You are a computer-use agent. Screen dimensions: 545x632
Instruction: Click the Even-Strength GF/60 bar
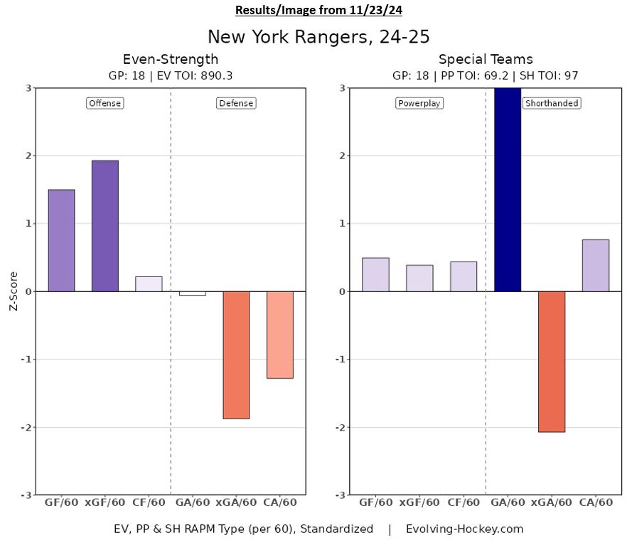point(61,240)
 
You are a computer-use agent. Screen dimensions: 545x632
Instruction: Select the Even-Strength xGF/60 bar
point(105,226)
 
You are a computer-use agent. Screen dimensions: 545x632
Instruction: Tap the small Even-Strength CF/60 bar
point(149,284)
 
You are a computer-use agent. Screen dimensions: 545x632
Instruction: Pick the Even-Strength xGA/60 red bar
point(236,355)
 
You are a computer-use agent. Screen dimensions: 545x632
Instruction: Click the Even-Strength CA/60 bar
point(279,335)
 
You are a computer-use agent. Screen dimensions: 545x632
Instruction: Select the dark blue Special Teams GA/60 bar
point(508,190)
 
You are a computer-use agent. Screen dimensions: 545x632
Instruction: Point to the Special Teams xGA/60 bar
point(551,362)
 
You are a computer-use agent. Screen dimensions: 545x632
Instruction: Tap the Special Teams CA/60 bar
point(595,266)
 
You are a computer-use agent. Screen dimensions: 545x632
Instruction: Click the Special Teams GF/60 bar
point(375,274)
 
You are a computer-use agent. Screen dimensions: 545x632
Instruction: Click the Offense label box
point(105,103)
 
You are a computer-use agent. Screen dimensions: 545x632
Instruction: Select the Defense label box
point(236,103)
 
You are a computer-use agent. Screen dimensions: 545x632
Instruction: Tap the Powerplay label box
point(419,103)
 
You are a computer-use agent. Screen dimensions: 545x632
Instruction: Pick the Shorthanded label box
point(552,103)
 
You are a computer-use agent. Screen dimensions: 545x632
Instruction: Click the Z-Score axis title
point(12,291)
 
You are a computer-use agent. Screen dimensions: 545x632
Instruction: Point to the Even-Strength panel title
point(171,59)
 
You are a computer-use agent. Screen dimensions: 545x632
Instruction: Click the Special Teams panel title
point(486,59)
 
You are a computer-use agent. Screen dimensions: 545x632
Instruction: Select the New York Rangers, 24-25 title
point(318,36)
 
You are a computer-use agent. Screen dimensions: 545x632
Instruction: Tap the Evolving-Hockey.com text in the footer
point(464,529)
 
